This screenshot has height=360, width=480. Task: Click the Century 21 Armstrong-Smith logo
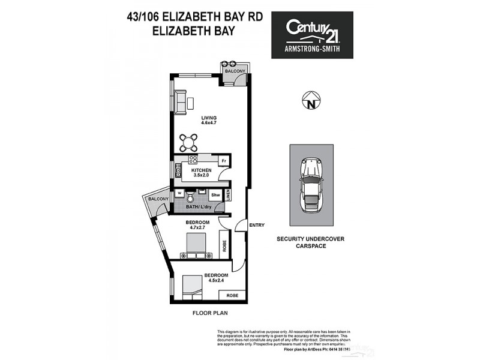(312, 35)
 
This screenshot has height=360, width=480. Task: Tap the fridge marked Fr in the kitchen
(223, 161)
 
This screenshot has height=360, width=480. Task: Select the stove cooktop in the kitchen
(193, 160)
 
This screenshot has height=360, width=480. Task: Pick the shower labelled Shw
(215, 195)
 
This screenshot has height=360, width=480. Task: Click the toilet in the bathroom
(190, 197)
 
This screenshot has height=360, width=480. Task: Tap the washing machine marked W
(179, 194)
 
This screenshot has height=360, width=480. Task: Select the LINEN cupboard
(228, 194)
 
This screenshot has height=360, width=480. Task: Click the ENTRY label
(256, 225)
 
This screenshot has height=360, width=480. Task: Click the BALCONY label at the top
(235, 72)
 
